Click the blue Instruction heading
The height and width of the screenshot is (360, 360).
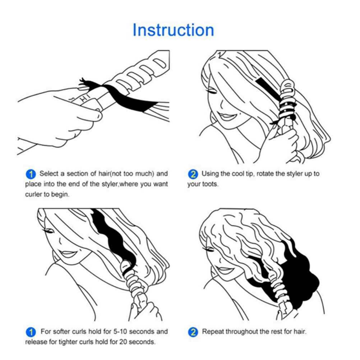click(173, 30)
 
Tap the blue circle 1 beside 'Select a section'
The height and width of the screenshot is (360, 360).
click(31, 174)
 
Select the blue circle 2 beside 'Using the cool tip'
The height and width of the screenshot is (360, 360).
click(193, 174)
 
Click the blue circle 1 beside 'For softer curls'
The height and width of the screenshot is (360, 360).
click(31, 332)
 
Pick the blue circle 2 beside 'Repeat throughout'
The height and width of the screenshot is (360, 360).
click(193, 332)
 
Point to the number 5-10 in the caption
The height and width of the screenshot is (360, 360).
click(120, 332)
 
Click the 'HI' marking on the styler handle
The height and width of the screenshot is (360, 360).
click(85, 98)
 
